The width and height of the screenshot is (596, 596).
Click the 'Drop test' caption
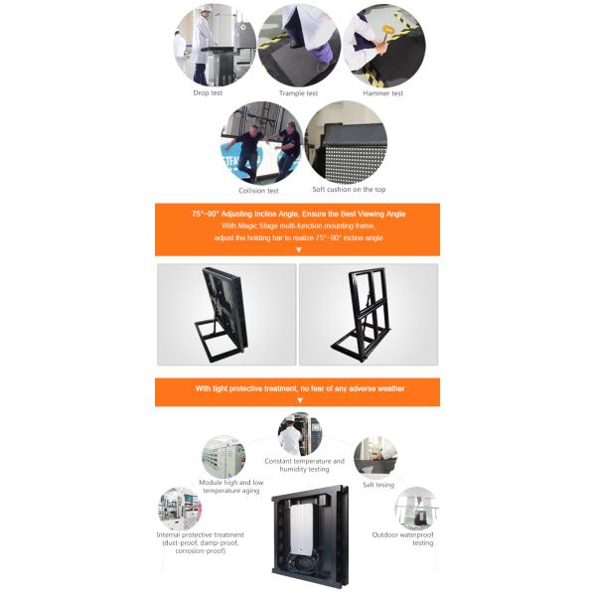tap(208, 92)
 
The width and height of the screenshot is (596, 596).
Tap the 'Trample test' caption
tap(298, 93)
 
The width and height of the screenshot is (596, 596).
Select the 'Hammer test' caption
tap(382, 93)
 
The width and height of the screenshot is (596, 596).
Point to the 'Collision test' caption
tap(258, 191)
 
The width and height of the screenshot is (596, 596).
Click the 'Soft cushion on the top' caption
tap(349, 189)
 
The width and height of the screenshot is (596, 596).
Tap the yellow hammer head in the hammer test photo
tap(387, 29)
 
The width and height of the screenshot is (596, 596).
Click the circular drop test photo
tap(215, 45)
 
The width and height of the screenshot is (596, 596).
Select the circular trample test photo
tap(299, 46)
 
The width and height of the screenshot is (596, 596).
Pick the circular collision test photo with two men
tap(262, 143)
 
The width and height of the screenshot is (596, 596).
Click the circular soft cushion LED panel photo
tap(346, 142)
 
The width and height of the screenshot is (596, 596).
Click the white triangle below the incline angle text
tap(299, 249)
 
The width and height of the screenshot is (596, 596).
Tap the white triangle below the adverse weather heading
tap(300, 400)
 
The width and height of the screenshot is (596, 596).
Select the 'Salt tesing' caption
tap(378, 485)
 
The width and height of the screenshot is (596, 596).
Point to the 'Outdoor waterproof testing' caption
tap(403, 538)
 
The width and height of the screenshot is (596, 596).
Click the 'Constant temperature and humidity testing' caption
tap(305, 465)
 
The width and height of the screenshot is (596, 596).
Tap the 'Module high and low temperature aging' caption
tap(231, 486)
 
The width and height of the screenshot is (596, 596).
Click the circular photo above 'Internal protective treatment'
tap(180, 509)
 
